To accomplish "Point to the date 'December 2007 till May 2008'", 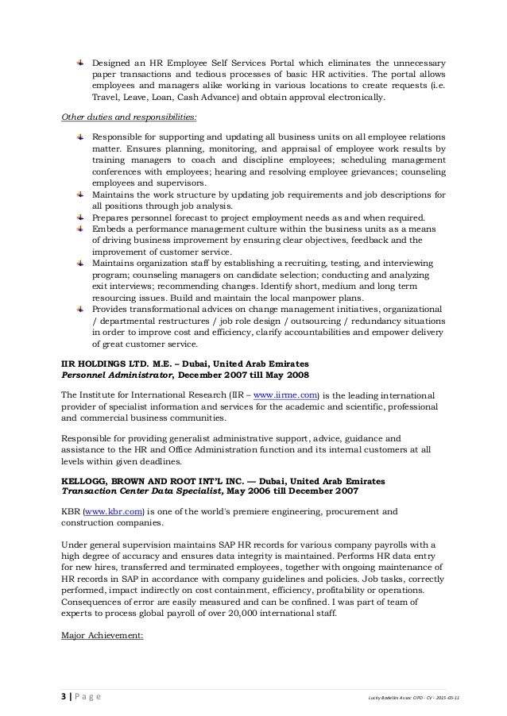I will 245,374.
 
